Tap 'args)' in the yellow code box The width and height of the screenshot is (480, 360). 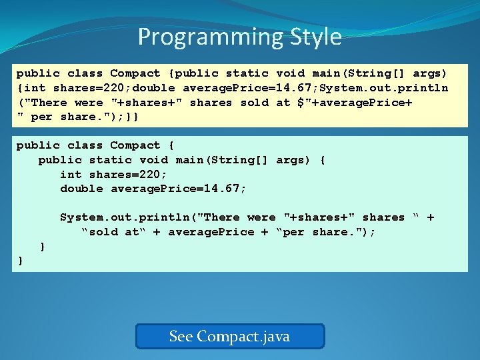[x=430, y=73]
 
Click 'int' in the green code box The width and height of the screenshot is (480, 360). [x=71, y=175]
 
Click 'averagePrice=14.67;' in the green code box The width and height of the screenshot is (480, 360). [x=179, y=189]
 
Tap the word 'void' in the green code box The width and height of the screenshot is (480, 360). [x=154, y=160]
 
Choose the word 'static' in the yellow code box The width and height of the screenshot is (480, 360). [x=247, y=73]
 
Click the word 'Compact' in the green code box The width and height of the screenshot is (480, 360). [x=135, y=145]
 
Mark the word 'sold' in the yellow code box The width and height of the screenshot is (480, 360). [x=255, y=103]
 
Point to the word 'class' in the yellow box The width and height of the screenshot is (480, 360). [x=85, y=73]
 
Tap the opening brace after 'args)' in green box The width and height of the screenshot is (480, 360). [x=323, y=160]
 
